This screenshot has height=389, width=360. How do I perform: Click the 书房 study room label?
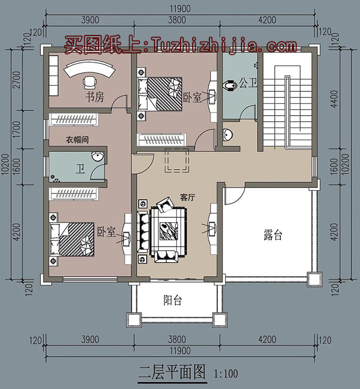point(94,98)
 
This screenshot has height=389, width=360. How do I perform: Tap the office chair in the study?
point(90,83)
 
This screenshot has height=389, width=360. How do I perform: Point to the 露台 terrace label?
point(272,235)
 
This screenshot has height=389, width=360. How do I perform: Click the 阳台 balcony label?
point(173,300)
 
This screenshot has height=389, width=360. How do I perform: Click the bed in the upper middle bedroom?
point(160,93)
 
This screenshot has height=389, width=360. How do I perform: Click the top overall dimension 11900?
point(180,8)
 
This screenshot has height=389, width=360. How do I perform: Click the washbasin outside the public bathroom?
point(228,134)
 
